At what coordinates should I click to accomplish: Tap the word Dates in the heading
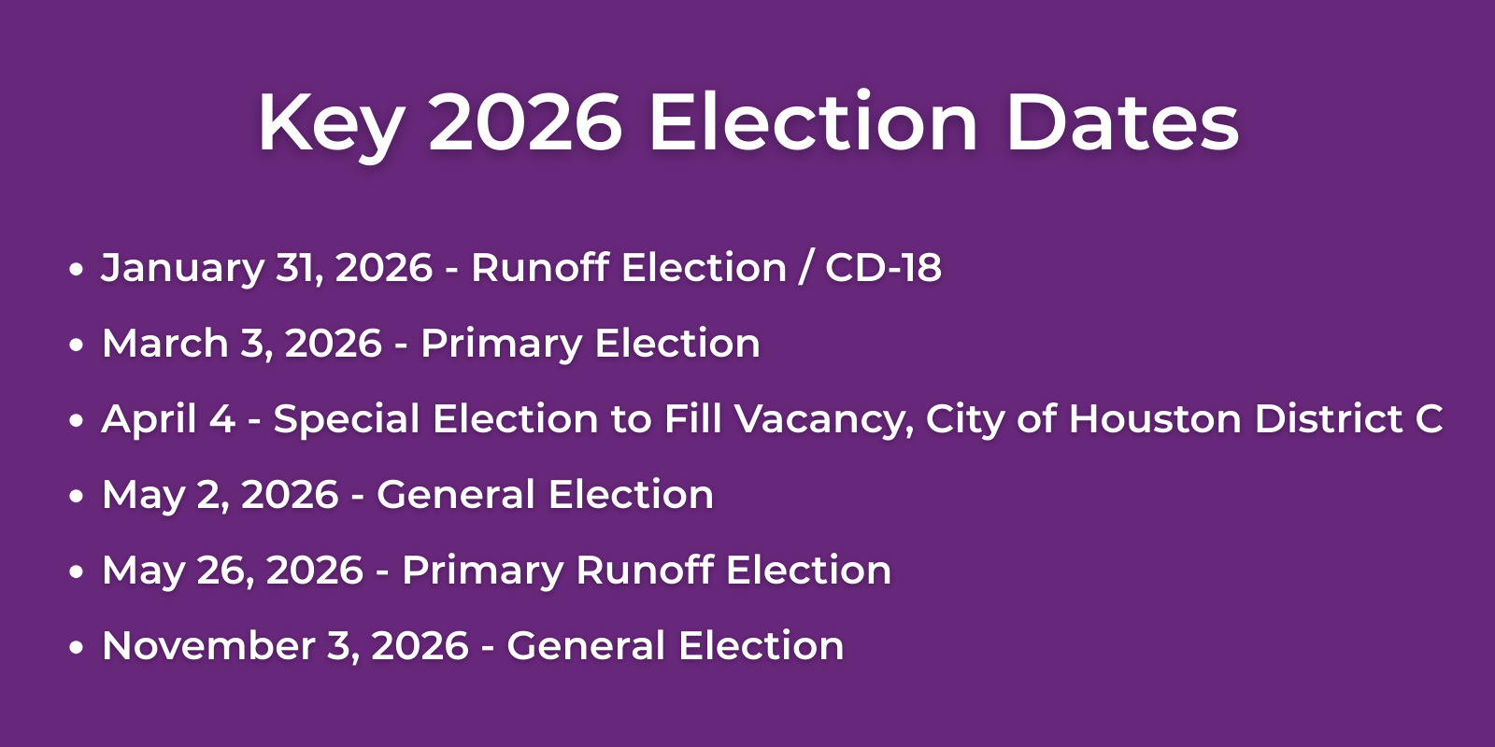[1122, 122]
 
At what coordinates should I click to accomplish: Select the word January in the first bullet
[182, 269]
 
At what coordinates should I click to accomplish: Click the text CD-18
[883, 268]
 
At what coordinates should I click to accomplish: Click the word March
[164, 344]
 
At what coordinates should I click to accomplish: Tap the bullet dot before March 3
[77, 345]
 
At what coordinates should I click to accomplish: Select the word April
[148, 420]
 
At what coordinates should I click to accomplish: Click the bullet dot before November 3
[77, 648]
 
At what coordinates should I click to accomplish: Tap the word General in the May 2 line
[454, 495]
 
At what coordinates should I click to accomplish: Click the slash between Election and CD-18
[805, 269]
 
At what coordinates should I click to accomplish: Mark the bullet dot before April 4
[77, 421]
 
